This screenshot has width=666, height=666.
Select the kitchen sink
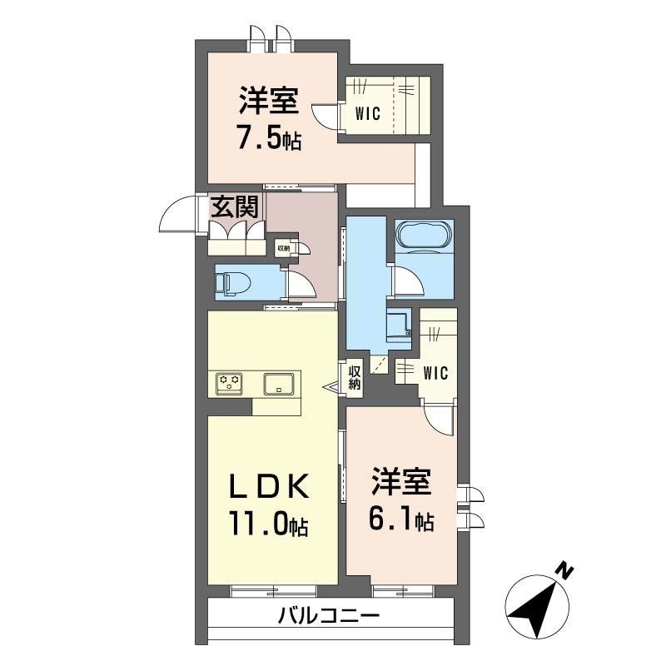279,384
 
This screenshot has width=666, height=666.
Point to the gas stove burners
230,384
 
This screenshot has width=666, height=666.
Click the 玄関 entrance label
235,206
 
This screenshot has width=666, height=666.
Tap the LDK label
269,487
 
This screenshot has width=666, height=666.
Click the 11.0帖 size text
268,524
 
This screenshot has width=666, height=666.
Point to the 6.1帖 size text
401,518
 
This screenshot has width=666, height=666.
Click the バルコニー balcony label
328,616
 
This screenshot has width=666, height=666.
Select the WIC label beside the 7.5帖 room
368,113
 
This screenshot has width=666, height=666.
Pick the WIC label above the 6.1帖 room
435,373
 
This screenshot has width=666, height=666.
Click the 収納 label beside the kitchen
355,377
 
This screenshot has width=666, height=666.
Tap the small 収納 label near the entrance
283,247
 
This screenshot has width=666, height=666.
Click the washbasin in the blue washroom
400,325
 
